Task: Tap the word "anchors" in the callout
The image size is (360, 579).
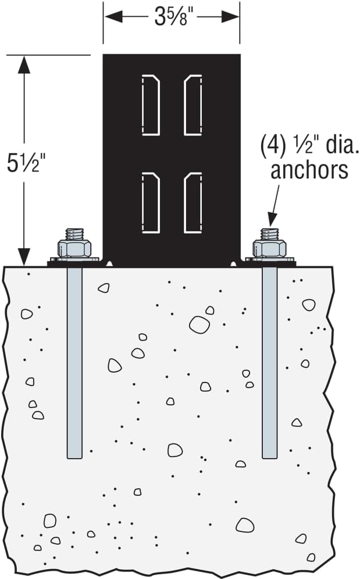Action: [309, 170]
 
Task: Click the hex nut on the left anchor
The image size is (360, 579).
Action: [74, 248]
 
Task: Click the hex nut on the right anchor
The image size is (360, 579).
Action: [269, 248]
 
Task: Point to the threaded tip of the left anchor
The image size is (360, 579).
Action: [74, 234]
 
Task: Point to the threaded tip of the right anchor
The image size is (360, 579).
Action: [269, 234]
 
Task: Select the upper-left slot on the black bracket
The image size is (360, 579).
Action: [151, 105]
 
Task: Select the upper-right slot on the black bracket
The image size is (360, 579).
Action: [193, 105]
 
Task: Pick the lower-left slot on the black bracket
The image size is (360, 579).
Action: [151, 203]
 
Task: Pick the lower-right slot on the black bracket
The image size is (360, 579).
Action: [193, 203]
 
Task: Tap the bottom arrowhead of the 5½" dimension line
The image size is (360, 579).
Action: [24, 254]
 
